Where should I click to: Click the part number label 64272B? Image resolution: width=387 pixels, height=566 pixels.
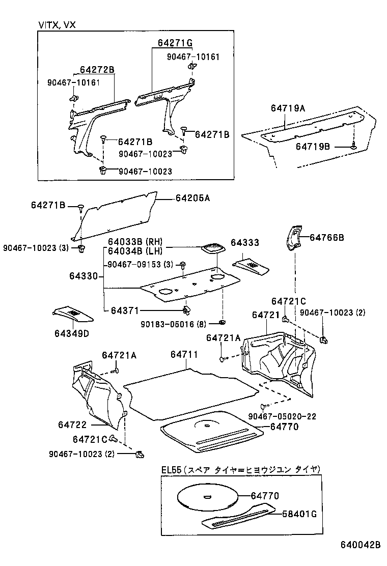(97, 70)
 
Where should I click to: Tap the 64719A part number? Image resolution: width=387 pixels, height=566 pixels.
(288, 108)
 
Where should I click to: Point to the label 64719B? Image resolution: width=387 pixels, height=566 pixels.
(313, 147)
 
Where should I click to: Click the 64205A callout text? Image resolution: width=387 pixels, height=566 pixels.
(192, 198)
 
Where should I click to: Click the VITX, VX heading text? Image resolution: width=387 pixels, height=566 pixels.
(57, 25)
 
